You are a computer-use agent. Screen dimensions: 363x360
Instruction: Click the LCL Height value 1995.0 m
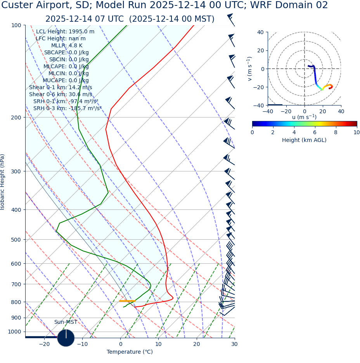click(x=81, y=32)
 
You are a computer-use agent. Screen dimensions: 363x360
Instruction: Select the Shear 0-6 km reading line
click(x=61, y=94)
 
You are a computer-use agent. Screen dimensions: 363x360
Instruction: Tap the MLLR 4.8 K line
click(x=67, y=46)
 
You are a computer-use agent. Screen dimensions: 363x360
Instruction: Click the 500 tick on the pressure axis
click(x=17, y=240)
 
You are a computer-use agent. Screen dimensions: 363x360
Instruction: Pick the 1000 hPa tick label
click(x=15, y=332)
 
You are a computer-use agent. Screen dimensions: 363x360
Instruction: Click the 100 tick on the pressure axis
click(x=17, y=25)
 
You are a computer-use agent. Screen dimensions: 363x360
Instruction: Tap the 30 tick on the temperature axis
click(x=234, y=344)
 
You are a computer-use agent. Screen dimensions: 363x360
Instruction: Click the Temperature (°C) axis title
click(x=130, y=352)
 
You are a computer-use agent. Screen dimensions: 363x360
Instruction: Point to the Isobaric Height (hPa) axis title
click(x=3, y=182)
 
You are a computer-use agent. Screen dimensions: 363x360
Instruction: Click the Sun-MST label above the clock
click(x=66, y=322)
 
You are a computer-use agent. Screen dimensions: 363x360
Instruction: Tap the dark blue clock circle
click(x=66, y=338)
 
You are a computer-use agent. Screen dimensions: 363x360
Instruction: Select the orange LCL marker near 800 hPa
click(x=127, y=301)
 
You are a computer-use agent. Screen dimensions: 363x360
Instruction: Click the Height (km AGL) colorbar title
click(x=304, y=140)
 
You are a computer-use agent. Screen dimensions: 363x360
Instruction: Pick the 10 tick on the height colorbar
click(x=356, y=133)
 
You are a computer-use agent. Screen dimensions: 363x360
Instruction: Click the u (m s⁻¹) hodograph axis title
click(x=304, y=117)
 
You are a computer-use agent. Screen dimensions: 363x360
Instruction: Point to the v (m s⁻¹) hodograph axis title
click(x=249, y=69)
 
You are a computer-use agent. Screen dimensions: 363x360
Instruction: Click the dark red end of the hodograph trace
click(x=330, y=88)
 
